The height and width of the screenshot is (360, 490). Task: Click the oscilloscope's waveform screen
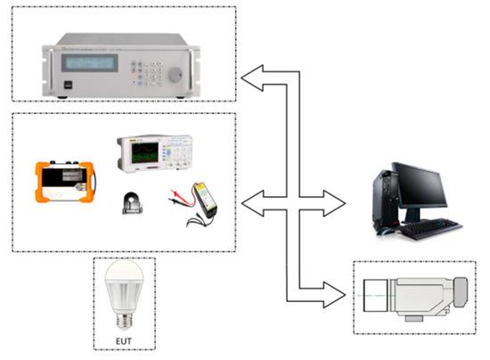143,157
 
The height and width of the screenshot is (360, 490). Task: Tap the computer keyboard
428,229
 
